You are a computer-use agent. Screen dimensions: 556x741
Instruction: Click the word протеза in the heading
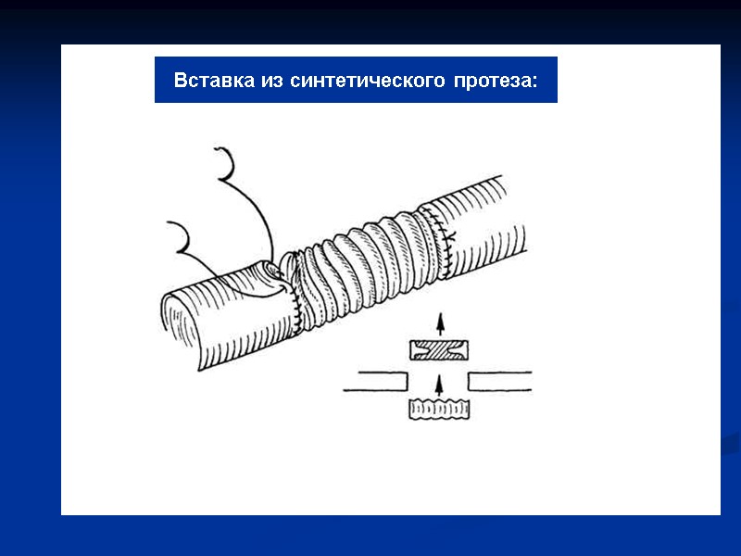pyautogui.click(x=491, y=81)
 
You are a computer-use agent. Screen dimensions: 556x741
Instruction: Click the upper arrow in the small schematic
pyautogui.click(x=440, y=323)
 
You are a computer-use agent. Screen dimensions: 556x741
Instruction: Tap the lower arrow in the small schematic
pyautogui.click(x=440, y=382)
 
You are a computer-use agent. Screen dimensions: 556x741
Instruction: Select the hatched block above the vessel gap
pyautogui.click(x=439, y=350)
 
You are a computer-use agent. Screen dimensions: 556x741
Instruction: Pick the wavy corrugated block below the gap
pyautogui.click(x=439, y=409)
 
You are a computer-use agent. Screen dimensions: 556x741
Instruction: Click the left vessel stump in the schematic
pyautogui.click(x=375, y=380)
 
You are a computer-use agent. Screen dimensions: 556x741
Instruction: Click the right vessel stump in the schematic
pyautogui.click(x=500, y=380)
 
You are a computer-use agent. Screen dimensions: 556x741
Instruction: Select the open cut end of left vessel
pyautogui.click(x=182, y=329)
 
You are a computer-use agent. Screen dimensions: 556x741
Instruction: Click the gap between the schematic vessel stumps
pyautogui.click(x=439, y=380)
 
